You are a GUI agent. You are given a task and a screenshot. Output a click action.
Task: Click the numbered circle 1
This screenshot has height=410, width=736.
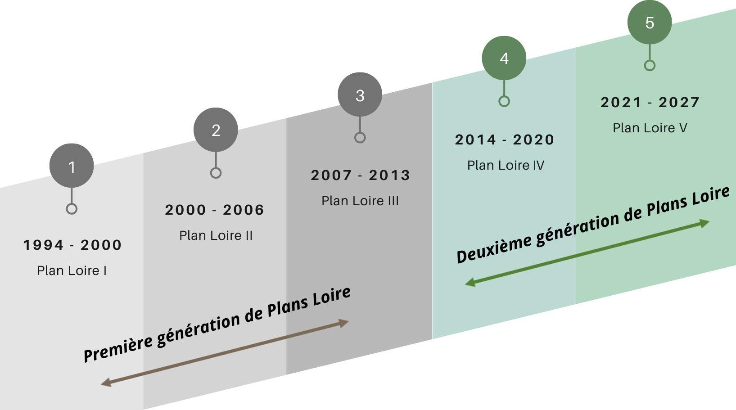(72, 166)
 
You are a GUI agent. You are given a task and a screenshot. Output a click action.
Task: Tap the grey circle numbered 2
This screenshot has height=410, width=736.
(216, 130)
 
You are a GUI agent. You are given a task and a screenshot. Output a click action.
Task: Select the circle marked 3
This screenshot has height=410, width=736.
(360, 95)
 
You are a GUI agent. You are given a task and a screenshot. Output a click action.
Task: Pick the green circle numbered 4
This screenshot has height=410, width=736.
(504, 58)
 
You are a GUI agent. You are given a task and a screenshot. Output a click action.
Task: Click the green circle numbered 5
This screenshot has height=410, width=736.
(650, 23)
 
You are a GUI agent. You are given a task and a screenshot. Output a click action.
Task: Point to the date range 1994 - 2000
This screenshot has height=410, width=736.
(72, 245)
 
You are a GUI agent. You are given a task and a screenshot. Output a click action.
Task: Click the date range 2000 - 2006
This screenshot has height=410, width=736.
(215, 210)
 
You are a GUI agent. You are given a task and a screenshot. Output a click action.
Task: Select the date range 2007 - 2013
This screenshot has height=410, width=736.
(361, 175)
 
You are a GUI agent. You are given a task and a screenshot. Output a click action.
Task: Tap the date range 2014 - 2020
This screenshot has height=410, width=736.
(505, 140)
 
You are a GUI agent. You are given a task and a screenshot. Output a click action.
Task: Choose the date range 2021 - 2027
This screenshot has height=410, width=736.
(650, 102)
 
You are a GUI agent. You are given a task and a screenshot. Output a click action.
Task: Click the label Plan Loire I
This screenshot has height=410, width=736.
(72, 270)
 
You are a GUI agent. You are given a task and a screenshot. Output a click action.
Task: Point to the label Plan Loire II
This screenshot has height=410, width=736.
(216, 235)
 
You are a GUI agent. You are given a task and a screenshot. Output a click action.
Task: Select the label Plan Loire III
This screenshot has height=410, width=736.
(360, 201)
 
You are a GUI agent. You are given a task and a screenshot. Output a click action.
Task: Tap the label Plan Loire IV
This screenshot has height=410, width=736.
(506, 165)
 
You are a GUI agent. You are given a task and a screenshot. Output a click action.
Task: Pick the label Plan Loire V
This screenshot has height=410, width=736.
(650, 128)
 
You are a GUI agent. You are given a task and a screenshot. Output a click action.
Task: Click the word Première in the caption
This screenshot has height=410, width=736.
(118, 347)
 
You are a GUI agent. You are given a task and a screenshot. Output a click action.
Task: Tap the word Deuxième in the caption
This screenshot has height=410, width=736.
(493, 249)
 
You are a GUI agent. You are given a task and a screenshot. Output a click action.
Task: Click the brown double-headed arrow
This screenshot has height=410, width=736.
(225, 353)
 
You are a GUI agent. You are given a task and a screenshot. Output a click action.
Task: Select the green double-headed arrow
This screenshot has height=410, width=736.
(587, 252)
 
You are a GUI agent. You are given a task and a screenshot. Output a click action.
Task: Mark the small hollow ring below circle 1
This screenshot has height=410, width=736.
(72, 209)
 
